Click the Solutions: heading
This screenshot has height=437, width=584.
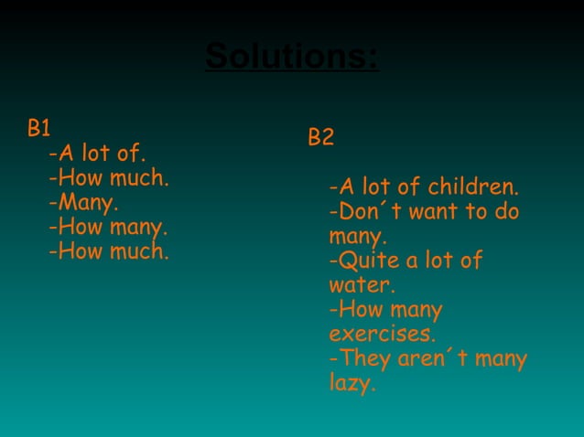click(x=292, y=57)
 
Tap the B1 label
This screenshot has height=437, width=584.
click(x=38, y=128)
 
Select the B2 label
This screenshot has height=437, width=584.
click(x=320, y=138)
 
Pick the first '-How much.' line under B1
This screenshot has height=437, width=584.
click(x=109, y=176)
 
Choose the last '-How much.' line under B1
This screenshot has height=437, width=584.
click(x=109, y=250)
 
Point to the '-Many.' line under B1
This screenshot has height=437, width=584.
click(x=84, y=201)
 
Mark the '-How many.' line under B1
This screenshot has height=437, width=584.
click(x=108, y=226)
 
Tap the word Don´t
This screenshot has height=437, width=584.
click(x=364, y=213)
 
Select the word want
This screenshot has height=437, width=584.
click(x=434, y=213)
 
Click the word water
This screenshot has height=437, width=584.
click(x=362, y=285)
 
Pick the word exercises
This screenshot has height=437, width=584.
click(x=382, y=334)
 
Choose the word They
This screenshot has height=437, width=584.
click(x=364, y=359)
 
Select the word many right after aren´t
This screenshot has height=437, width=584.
click(x=502, y=359)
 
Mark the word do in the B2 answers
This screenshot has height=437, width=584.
click(x=506, y=213)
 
